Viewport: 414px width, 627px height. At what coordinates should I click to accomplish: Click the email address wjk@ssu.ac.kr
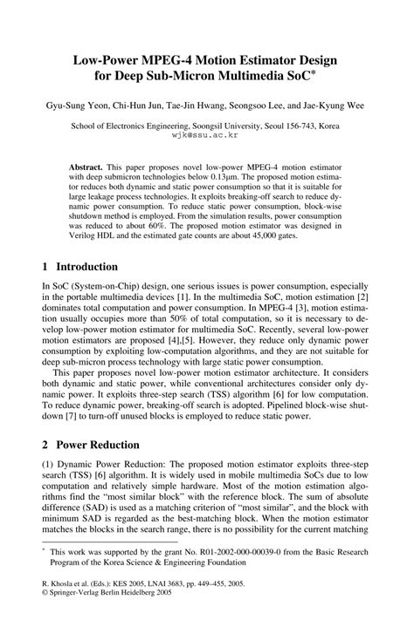click(x=206, y=136)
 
